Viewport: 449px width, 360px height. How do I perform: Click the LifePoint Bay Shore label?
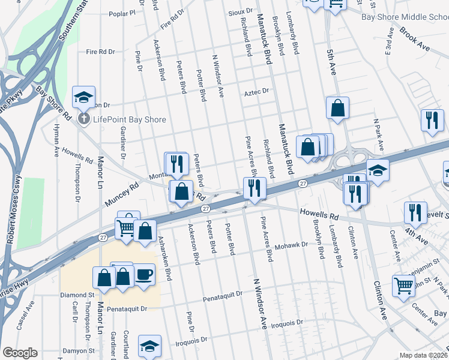tap(129, 119)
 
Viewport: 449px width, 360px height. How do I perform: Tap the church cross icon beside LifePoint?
tap(85, 119)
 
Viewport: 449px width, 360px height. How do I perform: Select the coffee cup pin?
tap(143, 275)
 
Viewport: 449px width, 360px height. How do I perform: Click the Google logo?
tap(20, 353)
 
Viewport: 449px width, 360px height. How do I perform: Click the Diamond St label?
tap(77, 295)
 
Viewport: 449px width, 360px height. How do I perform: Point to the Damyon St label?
tap(80, 350)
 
